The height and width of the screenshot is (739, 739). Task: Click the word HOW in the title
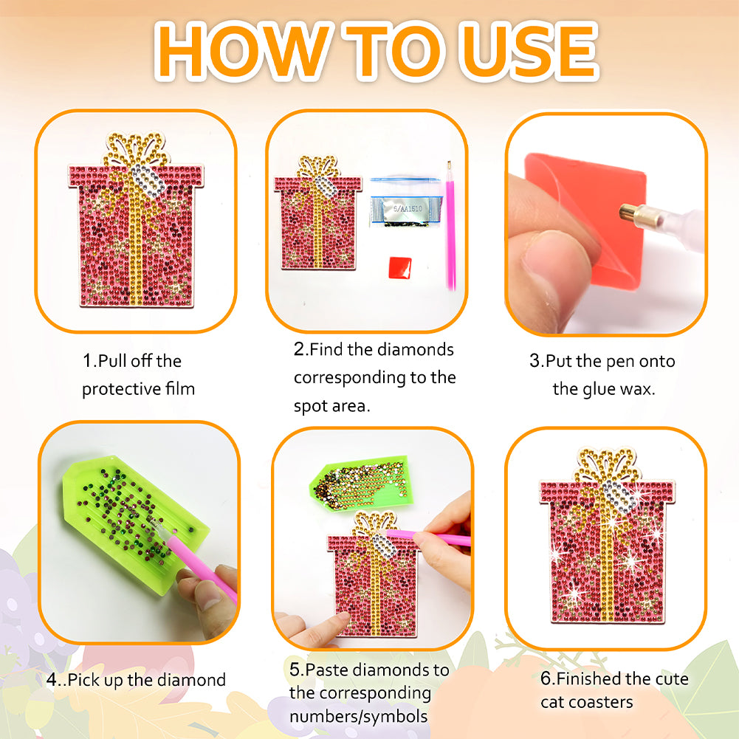coord(244,50)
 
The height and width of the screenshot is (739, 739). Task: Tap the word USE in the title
coord(530,50)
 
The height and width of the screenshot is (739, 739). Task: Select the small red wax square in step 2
coord(400,267)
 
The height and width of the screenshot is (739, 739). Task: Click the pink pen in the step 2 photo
coord(450,226)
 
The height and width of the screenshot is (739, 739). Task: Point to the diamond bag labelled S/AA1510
coord(406,202)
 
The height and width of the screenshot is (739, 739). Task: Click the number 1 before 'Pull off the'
coord(87,361)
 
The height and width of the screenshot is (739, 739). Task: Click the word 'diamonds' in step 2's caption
coord(415,349)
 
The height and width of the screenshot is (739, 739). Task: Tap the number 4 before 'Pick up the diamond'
coord(52,680)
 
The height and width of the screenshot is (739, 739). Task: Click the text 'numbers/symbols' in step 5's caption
coord(358,716)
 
